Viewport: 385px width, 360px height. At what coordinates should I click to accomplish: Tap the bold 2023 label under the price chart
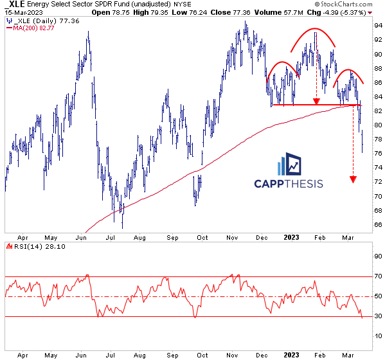291,237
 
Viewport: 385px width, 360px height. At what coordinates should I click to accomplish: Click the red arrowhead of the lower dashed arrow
353,178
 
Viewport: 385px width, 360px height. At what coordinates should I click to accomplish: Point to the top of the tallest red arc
314,30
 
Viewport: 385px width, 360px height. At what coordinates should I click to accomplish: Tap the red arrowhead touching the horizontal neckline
316,101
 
